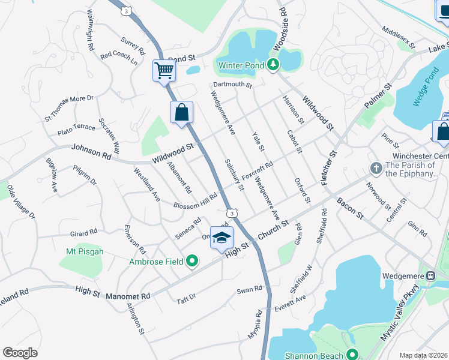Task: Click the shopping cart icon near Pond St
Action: [164, 71]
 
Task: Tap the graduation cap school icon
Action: [221, 238]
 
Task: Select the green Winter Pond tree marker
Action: [273, 64]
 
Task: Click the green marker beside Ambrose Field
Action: [192, 260]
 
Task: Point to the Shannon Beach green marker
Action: [352, 354]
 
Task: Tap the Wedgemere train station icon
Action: [430, 275]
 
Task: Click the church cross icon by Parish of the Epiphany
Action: [376, 168]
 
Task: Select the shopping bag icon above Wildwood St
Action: [181, 112]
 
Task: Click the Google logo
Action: [20, 352]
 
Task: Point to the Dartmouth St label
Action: [232, 85]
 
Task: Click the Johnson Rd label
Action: [91, 151]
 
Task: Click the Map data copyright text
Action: [423, 355]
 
